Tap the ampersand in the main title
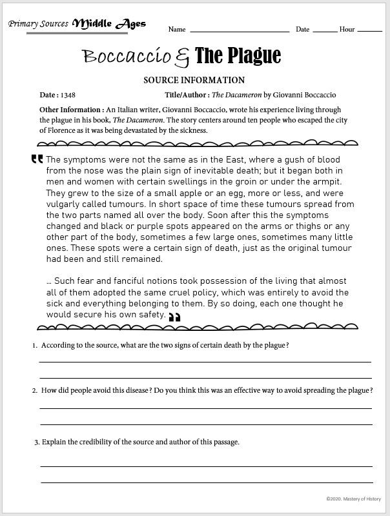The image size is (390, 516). [x=183, y=57]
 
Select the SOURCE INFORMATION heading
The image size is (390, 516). [x=194, y=81]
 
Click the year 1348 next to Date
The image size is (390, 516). [x=68, y=95]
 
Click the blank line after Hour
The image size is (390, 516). [x=369, y=30]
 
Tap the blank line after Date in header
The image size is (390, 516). [x=325, y=30]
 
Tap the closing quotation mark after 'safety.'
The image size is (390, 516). [x=174, y=317]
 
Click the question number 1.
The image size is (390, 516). [x=35, y=346]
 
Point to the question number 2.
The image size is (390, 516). [x=35, y=391]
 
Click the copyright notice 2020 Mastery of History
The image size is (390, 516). [x=353, y=498]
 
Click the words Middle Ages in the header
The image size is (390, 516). [x=109, y=25]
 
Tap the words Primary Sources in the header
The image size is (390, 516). [x=38, y=24]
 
